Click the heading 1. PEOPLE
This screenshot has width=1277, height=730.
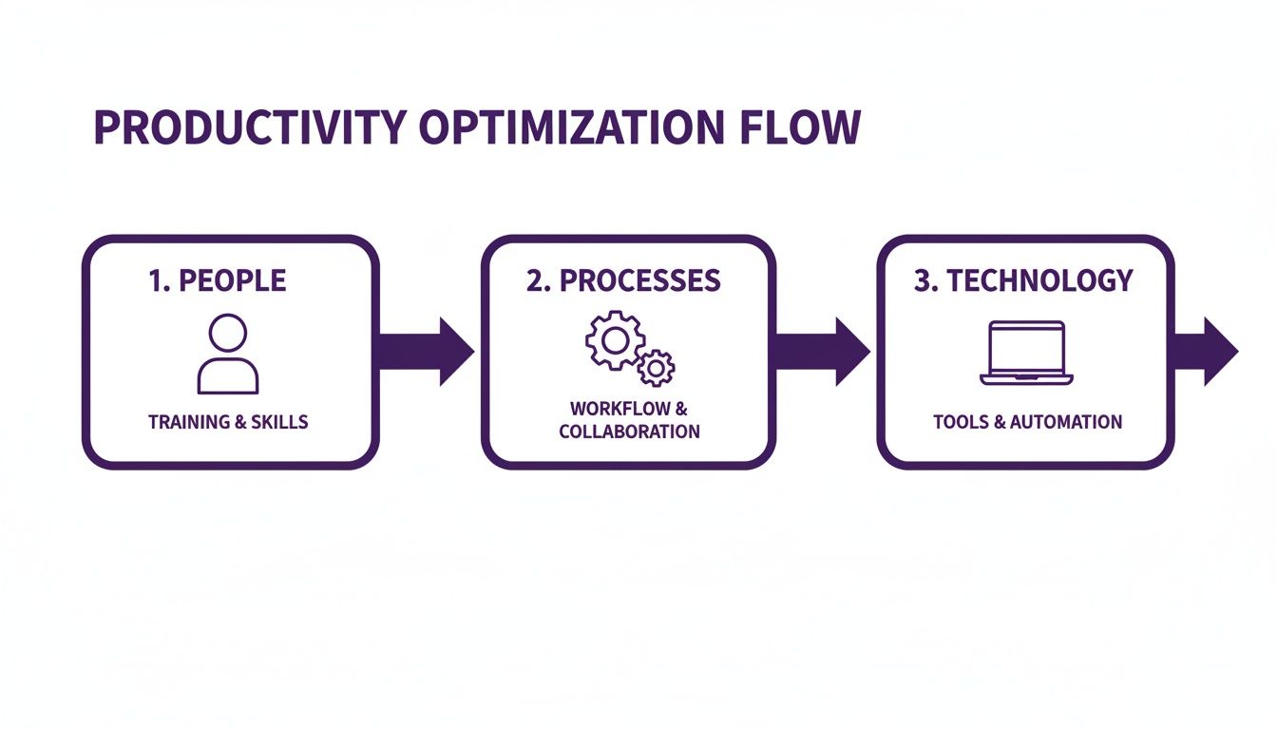[218, 280]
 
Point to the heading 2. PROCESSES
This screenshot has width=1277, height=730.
[623, 280]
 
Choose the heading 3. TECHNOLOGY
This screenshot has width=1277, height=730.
[1023, 280]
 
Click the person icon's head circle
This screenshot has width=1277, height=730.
[228, 334]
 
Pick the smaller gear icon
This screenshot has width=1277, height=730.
[655, 367]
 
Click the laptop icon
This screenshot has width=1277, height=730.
[1026, 353]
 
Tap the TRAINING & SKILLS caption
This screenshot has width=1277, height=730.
[228, 422]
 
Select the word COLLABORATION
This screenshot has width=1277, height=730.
[629, 432]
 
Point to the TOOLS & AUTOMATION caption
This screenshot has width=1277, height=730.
[1027, 422]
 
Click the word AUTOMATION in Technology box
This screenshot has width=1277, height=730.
[1066, 422]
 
